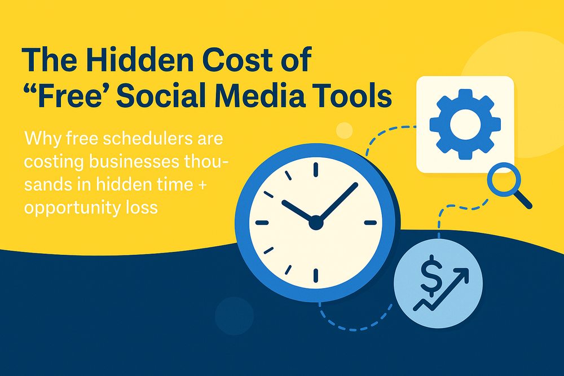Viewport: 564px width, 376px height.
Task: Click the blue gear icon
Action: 465,124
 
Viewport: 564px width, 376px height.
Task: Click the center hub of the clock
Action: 316,223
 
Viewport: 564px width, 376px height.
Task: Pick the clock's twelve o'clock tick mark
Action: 316,169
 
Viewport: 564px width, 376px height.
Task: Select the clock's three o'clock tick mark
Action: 371,223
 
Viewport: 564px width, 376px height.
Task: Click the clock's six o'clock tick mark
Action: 316,276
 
